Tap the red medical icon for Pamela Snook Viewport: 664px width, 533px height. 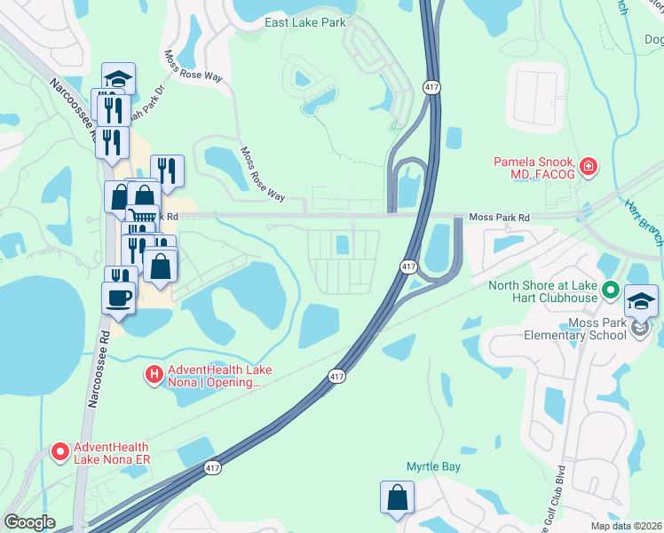pyautogui.click(x=588, y=166)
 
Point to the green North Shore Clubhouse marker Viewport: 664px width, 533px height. pyautogui.click(x=611, y=290)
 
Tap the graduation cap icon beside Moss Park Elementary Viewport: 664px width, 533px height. pyautogui.click(x=641, y=301)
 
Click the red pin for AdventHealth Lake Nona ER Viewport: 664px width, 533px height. pyautogui.click(x=60, y=452)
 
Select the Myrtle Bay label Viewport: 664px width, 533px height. pyautogui.click(x=433, y=466)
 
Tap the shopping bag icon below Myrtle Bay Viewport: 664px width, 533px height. pyautogui.click(x=397, y=497)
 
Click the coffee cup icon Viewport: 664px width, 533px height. pyautogui.click(x=117, y=298)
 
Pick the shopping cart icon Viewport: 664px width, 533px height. pyautogui.click(x=139, y=216)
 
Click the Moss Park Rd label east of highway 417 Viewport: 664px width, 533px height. pyautogui.click(x=499, y=217)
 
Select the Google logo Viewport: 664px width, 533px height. pyautogui.click(x=29, y=522)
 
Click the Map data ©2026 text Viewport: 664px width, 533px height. pyautogui.click(x=626, y=526)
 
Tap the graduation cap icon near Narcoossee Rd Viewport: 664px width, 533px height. pyautogui.click(x=118, y=78)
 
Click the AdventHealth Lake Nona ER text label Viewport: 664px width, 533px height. pyautogui.click(x=112, y=453)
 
